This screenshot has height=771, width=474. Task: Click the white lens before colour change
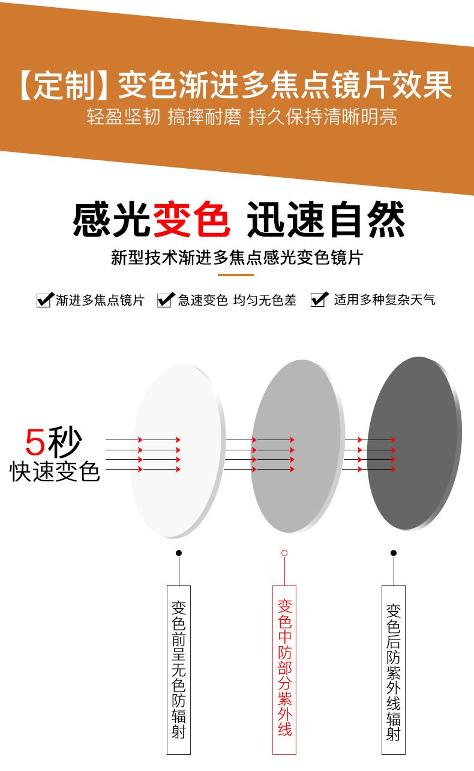click(178, 451)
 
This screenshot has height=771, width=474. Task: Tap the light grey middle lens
click(297, 446)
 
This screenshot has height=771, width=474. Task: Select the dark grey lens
click(414, 443)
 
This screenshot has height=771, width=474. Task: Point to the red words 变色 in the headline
click(191, 219)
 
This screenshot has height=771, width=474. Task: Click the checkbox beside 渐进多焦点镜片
click(45, 300)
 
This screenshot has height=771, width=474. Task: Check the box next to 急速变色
click(166, 300)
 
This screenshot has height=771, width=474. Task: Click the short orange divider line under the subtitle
click(236, 274)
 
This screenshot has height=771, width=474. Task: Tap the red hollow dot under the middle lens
click(284, 553)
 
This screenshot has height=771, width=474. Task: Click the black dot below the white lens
click(179, 553)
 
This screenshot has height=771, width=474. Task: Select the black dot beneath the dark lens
click(394, 553)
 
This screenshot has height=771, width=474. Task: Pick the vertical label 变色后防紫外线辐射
click(394, 672)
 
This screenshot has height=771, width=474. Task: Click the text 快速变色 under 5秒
click(55, 471)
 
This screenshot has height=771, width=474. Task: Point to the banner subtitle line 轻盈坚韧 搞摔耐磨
click(164, 116)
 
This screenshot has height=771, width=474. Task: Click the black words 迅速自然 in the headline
click(326, 219)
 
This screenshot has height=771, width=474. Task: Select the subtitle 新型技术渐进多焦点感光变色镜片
click(236, 258)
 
